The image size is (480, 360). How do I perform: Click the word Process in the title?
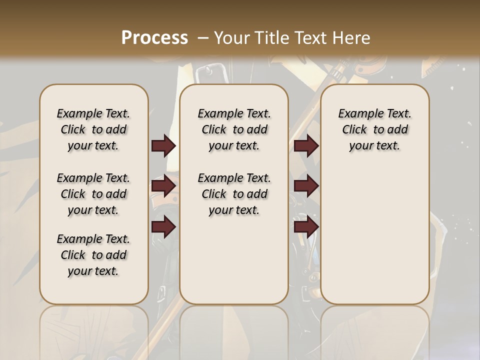(154, 37)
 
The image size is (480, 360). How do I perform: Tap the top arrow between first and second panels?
(163, 145)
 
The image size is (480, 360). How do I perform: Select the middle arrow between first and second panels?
(163, 186)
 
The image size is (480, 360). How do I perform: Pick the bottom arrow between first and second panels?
(163, 227)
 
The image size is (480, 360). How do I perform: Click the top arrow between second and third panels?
(306, 145)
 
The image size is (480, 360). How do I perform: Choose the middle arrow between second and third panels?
(306, 186)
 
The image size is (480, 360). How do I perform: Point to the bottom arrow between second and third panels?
(306, 227)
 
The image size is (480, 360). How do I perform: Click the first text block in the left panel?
(93, 129)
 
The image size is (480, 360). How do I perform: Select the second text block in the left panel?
(93, 194)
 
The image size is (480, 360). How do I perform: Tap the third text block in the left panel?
(93, 255)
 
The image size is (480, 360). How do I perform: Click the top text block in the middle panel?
(234, 129)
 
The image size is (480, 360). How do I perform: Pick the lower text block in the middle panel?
(234, 194)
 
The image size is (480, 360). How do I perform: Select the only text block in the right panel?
(374, 129)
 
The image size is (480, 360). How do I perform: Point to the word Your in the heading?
(232, 37)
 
